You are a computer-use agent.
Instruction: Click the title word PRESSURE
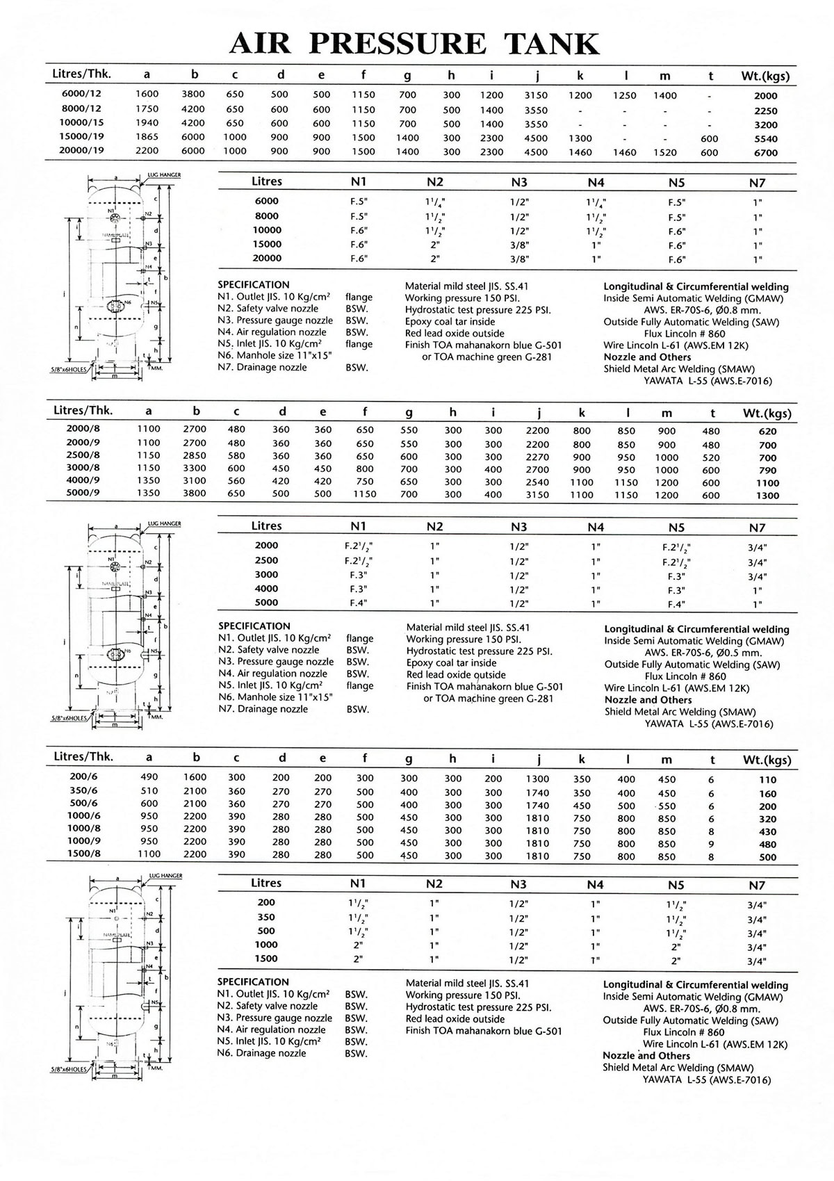398,44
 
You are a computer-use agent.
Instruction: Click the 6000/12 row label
78,94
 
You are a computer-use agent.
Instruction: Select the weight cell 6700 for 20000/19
765,152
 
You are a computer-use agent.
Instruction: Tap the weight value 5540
765,138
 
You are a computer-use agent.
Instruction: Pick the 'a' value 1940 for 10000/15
147,123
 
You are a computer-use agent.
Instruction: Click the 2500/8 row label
84,455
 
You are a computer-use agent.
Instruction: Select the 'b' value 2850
195,456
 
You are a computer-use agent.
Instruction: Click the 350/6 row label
84,790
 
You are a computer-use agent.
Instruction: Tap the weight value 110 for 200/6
768,780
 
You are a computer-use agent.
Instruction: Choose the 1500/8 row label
84,854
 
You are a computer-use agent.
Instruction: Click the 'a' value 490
149,777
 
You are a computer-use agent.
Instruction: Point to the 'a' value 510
149,790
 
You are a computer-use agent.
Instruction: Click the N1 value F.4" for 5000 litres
358,603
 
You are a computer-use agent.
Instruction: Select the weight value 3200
765,124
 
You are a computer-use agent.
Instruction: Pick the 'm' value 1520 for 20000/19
665,152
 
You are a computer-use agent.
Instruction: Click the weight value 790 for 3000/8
768,470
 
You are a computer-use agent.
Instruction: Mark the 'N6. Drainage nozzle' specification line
261,1053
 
